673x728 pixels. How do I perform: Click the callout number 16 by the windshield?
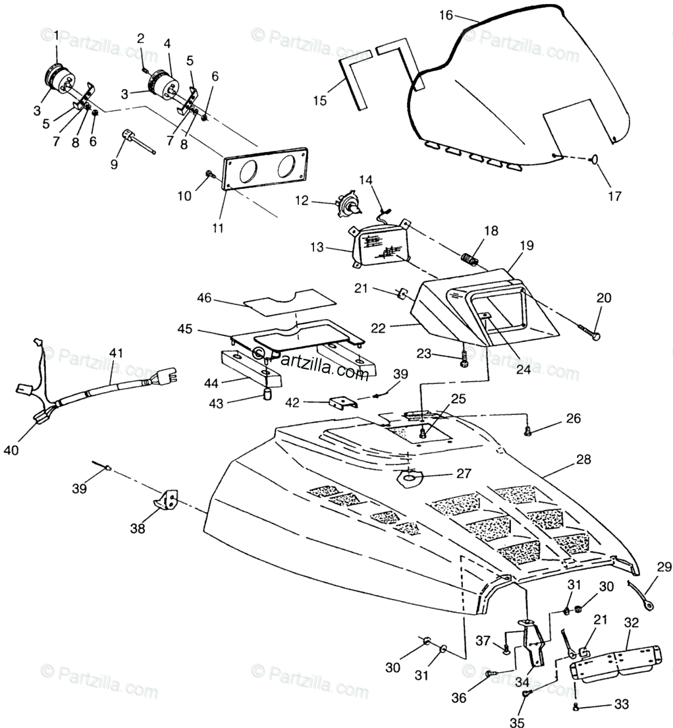coord(446,15)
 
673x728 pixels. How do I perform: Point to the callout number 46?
coord(204,298)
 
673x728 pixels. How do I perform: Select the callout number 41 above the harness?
coord(116,353)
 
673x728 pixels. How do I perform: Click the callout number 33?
coord(621,704)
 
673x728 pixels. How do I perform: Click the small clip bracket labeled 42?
coord(342,401)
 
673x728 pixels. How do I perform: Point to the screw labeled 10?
coord(209,174)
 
